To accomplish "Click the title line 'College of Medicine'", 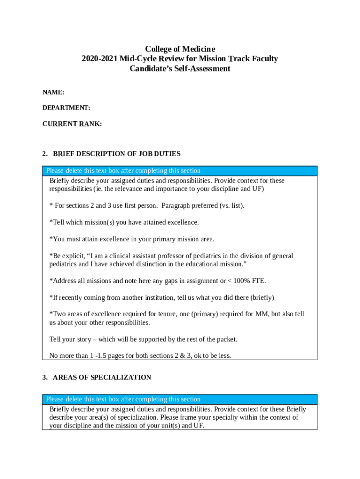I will click(x=180, y=49).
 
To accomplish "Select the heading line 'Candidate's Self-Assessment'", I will click(x=180, y=69).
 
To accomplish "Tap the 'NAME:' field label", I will click(x=53, y=93).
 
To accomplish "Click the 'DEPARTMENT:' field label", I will click(x=66, y=108).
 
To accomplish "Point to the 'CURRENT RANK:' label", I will click(x=72, y=124).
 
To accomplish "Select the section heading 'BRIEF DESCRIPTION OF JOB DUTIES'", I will click(x=117, y=154).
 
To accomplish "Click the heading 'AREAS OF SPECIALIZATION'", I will click(x=102, y=377).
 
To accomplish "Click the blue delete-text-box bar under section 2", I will click(x=180, y=171).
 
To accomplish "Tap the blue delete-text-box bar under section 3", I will click(x=180, y=399).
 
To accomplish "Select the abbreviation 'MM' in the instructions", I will click(x=261, y=314).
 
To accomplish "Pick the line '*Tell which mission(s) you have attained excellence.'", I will click(x=124, y=223).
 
